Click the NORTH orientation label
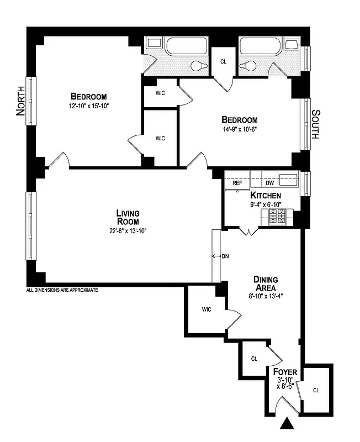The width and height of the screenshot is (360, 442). coord(21,101)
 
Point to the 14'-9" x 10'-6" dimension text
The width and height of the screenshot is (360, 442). coord(240,130)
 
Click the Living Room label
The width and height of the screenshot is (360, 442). coord(128,217)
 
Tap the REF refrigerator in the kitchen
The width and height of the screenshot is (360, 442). coord(237,182)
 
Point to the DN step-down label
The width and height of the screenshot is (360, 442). coord(225,256)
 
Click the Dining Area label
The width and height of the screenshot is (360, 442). coord(266,283)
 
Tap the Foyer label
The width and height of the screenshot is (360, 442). coord(285,372)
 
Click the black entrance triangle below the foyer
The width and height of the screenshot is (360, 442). coord(287,424)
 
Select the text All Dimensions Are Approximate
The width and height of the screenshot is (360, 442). coord(62,290)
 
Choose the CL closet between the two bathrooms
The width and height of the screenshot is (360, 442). coord(224,62)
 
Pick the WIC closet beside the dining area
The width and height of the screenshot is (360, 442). coord(207,309)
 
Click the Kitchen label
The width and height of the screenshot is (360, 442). coord(266,196)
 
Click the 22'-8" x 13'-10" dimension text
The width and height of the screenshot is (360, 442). coord(128,231)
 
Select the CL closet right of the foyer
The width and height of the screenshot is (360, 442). coord(316,390)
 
